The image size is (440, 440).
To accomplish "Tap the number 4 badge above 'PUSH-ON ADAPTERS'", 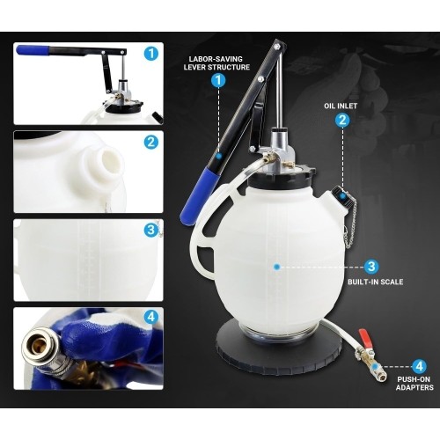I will pyautogui.click(x=420, y=363).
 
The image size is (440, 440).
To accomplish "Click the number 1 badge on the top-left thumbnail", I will pyautogui.click(x=151, y=54).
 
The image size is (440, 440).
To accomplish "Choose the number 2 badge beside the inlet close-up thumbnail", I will pyautogui.click(x=151, y=141).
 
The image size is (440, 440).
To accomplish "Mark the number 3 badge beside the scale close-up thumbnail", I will pyautogui.click(x=151, y=231).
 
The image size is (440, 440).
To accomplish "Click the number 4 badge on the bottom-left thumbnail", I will pyautogui.click(x=151, y=317).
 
